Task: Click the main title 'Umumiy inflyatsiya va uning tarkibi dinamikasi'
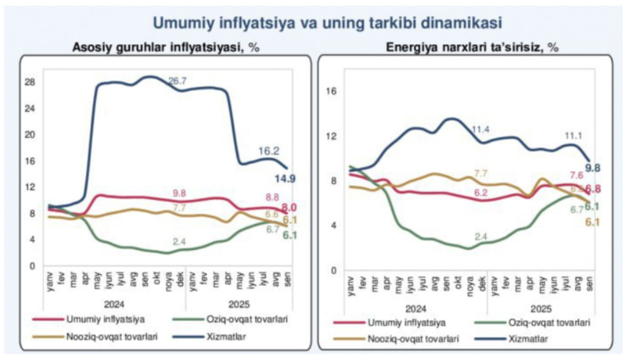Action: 327,23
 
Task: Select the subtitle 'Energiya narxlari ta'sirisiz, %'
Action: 472,47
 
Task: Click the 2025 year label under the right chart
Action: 540,309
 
